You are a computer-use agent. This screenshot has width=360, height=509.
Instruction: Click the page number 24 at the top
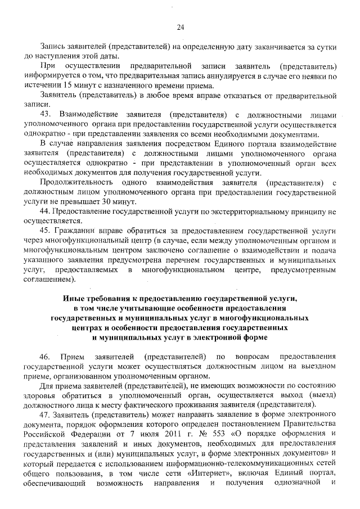[181, 26]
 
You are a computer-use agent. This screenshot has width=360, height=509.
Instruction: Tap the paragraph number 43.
[46, 115]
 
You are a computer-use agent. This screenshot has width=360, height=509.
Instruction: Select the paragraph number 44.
[46, 211]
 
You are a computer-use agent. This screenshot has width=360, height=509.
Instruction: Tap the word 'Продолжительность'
[76, 182]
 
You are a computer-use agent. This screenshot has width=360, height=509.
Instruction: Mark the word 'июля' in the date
[142, 435]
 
